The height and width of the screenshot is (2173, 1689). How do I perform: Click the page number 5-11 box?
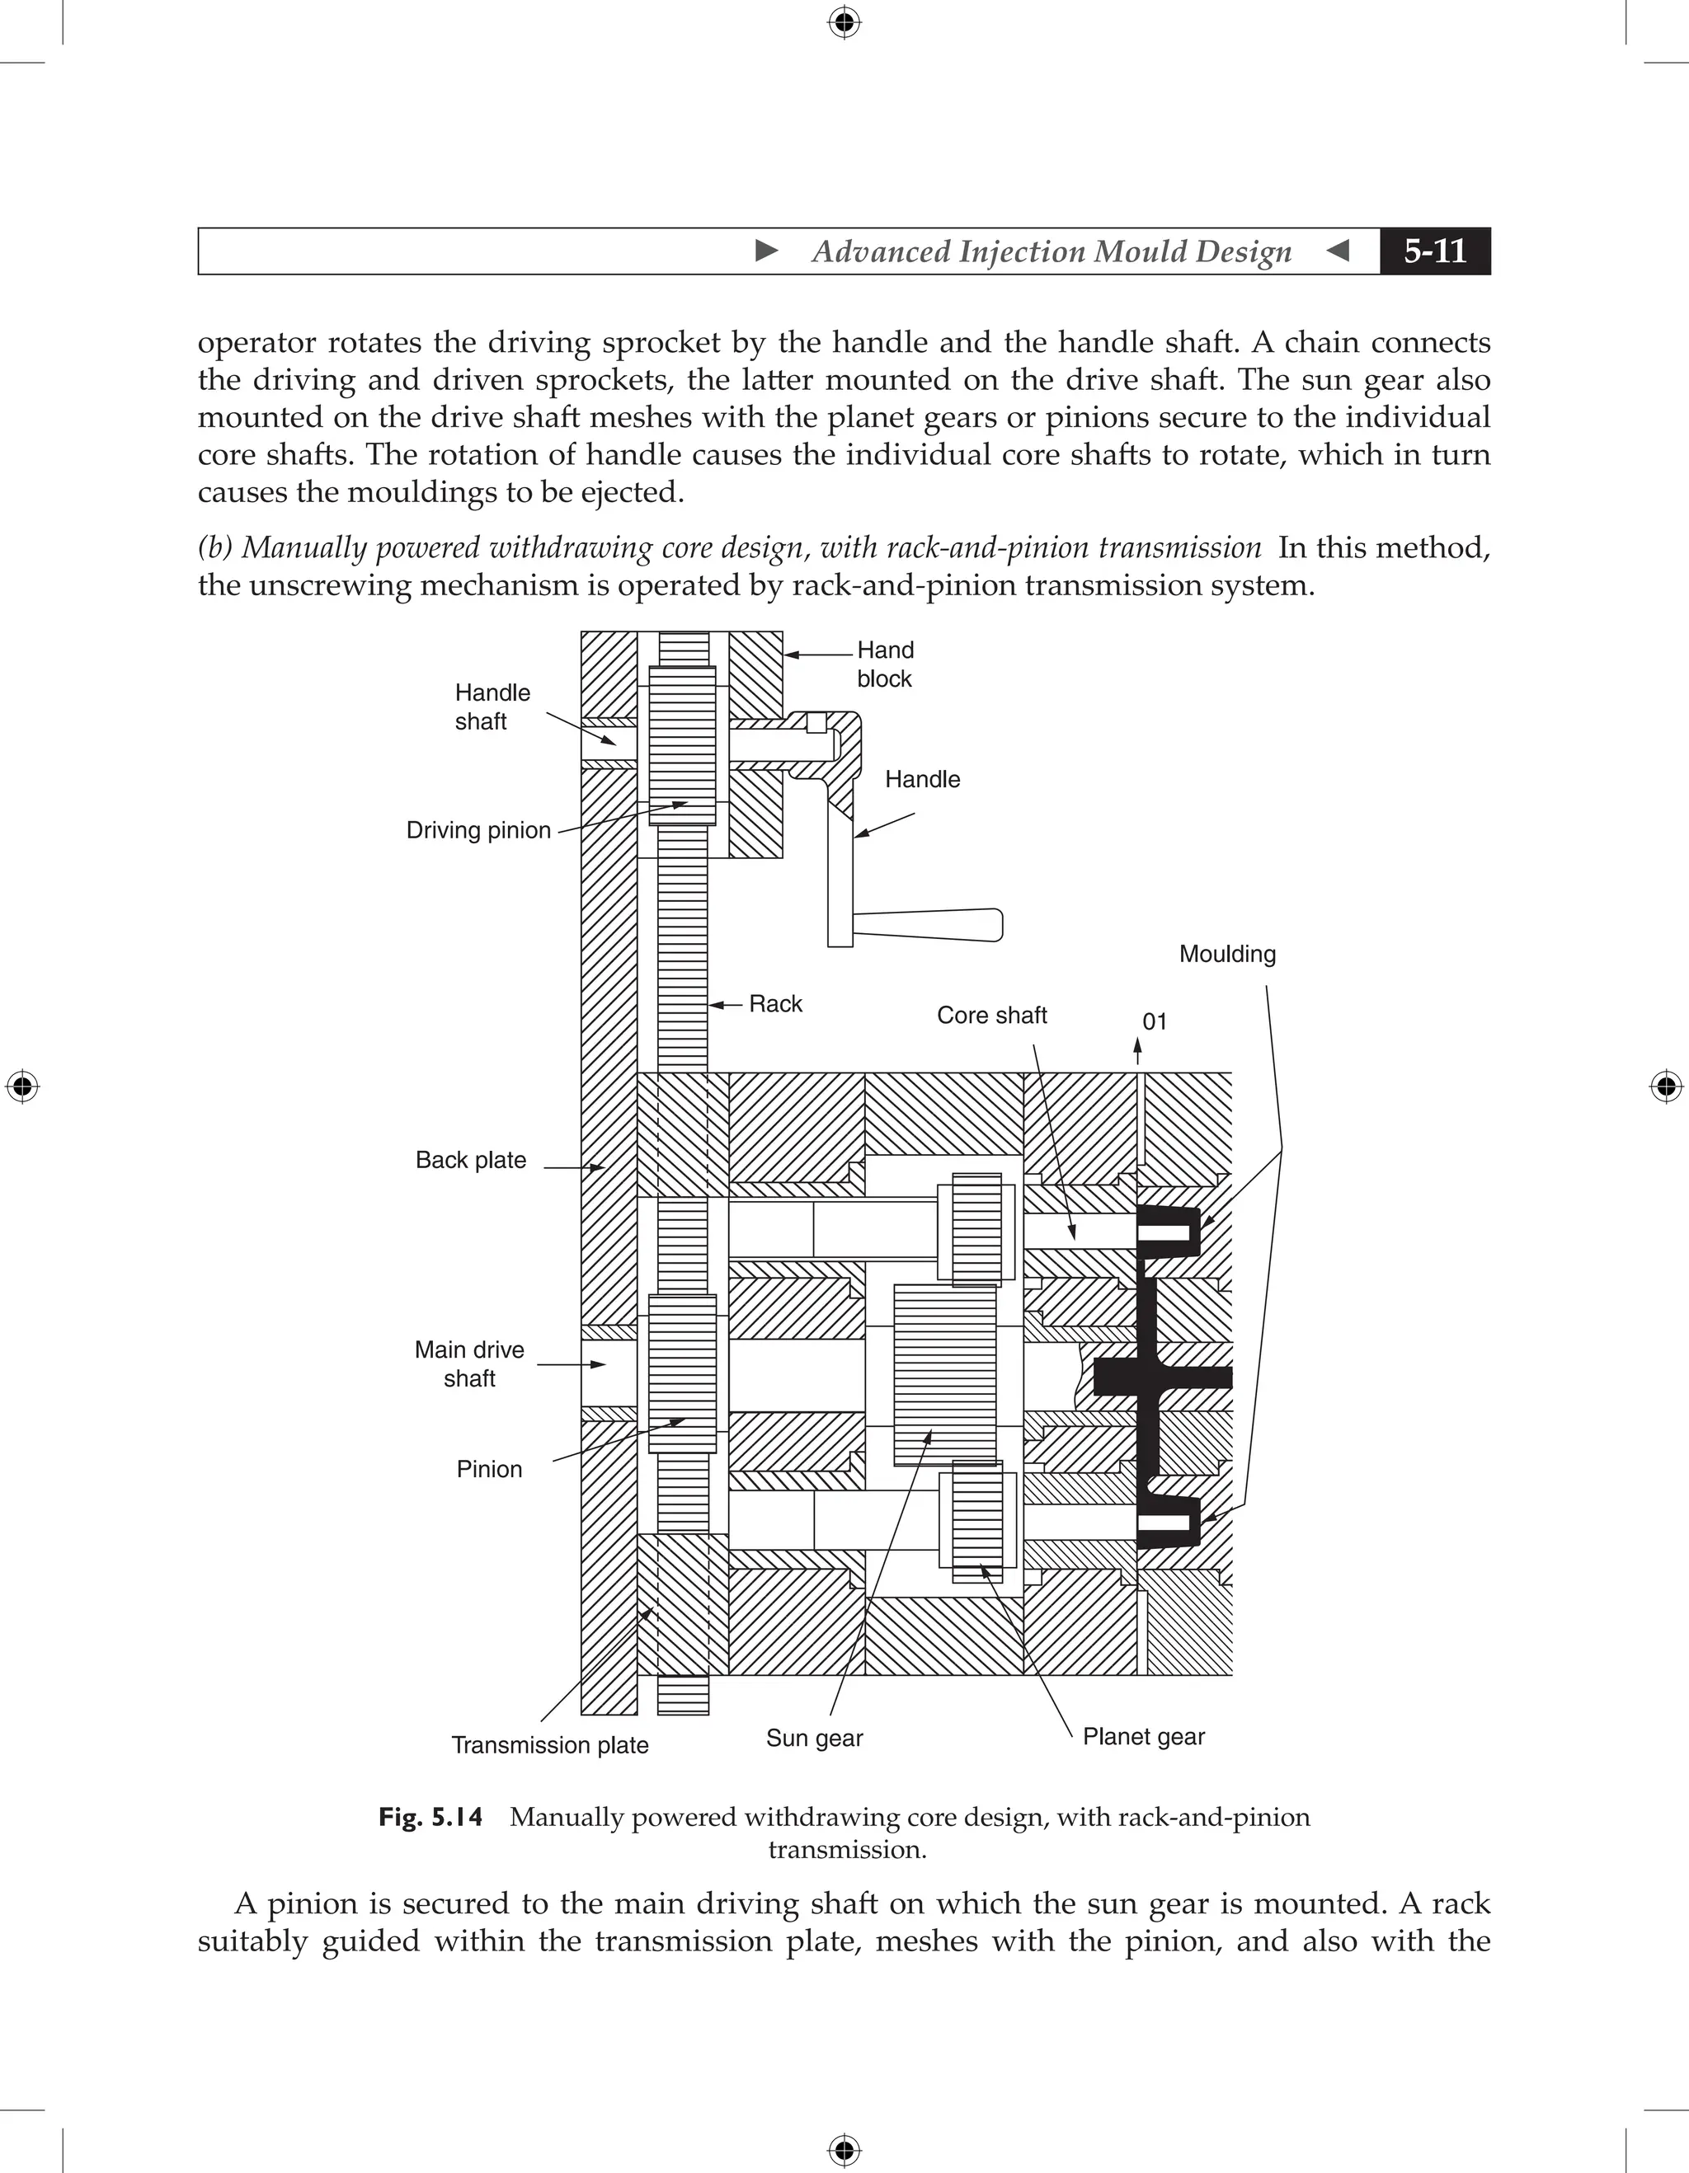[x=1434, y=251]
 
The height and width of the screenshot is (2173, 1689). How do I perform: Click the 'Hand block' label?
[x=885, y=664]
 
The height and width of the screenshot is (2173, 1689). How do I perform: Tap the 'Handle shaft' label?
[x=492, y=706]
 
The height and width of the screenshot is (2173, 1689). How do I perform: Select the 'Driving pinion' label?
[x=478, y=830]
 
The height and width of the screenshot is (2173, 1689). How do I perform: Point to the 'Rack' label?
[x=775, y=1003]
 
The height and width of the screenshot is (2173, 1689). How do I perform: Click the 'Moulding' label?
[x=1226, y=953]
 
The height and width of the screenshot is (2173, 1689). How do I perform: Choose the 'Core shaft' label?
[x=991, y=1015]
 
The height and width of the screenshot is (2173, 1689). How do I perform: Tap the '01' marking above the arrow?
[x=1154, y=1021]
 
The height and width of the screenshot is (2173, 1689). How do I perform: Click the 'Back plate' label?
[x=470, y=1159]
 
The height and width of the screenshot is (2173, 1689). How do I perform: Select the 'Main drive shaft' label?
[x=468, y=1363]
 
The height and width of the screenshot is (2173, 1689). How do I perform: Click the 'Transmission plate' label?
[x=549, y=1744]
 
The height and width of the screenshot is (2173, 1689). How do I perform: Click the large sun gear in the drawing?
[x=944, y=1374]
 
